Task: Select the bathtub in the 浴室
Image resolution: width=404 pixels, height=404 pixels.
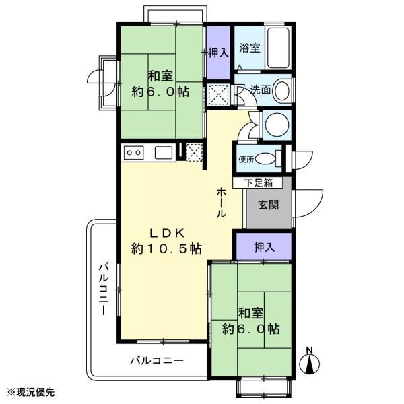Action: [278, 48]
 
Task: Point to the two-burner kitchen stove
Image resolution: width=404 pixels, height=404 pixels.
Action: [133, 153]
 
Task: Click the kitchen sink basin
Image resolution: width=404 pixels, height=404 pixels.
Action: [164, 153]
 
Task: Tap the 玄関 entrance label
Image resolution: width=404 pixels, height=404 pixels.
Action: [269, 205]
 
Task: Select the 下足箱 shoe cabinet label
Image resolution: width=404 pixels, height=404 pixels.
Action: [259, 183]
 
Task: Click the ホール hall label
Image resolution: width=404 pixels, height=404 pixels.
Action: [221, 203]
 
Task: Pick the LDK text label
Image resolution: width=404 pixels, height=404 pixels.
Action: [168, 234]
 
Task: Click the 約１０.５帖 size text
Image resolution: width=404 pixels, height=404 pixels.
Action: [166, 249]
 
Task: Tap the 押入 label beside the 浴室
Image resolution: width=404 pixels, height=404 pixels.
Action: [218, 53]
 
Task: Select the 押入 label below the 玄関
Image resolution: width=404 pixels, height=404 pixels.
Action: [265, 247]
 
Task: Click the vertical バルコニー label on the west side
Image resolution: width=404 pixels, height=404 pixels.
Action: [104, 289]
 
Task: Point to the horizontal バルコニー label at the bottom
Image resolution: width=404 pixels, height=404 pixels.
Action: [157, 360]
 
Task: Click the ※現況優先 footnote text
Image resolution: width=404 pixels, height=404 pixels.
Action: [31, 393]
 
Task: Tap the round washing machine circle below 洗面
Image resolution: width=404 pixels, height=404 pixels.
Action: [277, 124]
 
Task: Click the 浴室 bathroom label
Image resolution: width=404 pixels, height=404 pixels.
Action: [249, 48]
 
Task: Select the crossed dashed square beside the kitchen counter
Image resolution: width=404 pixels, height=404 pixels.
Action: [194, 153]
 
